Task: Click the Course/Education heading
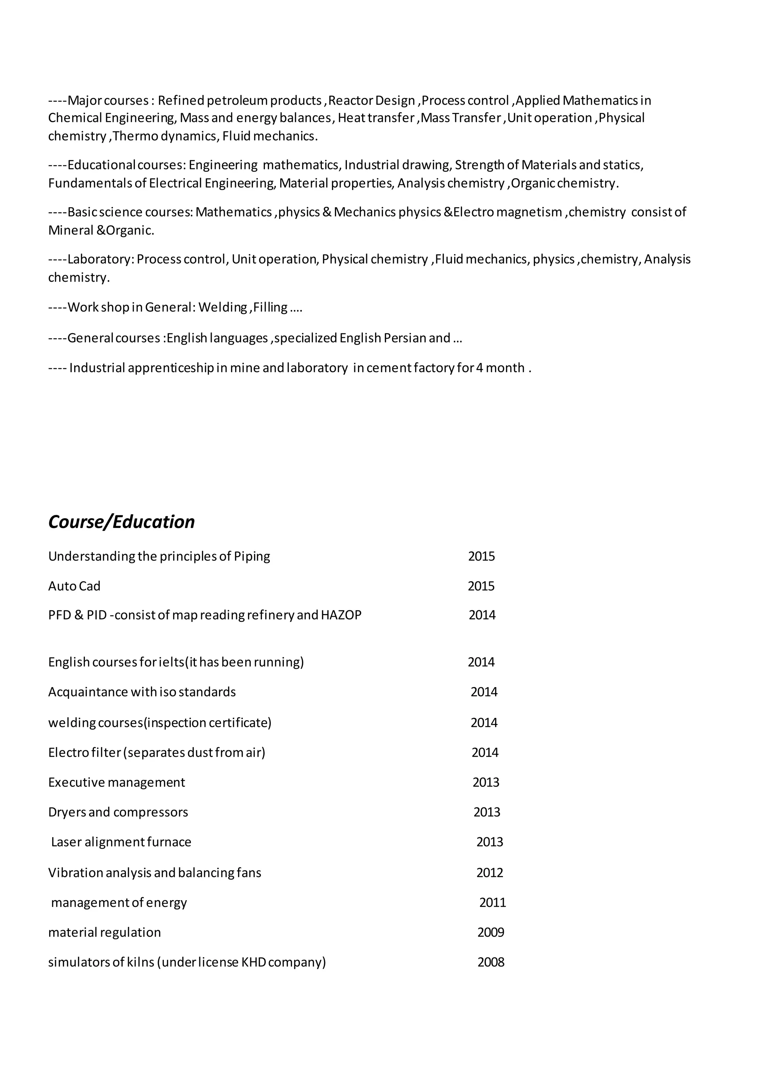click(x=121, y=522)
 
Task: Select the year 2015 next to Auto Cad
click(x=481, y=586)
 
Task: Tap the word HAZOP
click(x=341, y=615)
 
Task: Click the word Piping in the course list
click(x=252, y=556)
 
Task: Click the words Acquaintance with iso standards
click(x=142, y=692)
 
